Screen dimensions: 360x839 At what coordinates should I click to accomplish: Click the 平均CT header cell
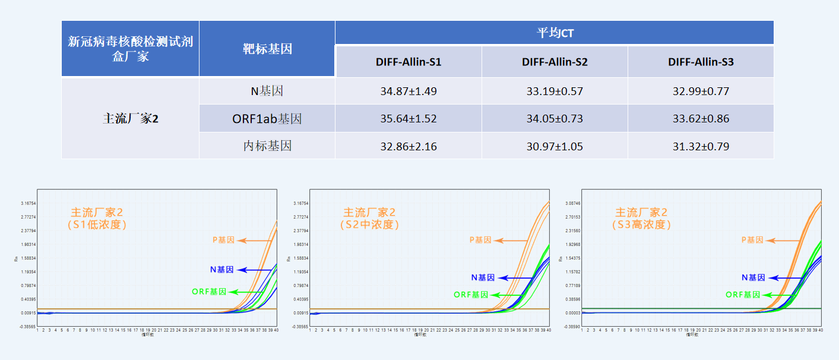tap(555, 33)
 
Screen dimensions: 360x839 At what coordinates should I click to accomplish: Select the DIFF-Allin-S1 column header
tap(408, 62)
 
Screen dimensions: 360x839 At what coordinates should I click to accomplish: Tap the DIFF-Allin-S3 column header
tap(701, 62)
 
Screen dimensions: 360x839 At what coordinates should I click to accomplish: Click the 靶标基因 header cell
tap(267, 49)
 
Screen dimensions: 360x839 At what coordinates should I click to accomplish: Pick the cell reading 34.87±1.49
tap(408, 91)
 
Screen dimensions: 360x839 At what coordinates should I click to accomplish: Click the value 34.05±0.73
tap(555, 119)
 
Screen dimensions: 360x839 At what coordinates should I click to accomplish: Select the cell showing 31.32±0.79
tap(701, 146)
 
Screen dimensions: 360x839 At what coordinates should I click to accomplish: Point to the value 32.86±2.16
tap(408, 146)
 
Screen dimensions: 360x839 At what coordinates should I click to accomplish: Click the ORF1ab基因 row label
tap(267, 119)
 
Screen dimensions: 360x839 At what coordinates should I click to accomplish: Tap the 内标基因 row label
tap(267, 146)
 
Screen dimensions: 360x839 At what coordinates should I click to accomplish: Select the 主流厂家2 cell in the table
tap(130, 119)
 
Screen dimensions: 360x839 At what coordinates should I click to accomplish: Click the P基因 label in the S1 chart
tap(223, 240)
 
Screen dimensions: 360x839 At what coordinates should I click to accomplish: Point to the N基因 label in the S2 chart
tap(482, 277)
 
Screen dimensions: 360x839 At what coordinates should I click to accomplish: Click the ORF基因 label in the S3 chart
tap(743, 295)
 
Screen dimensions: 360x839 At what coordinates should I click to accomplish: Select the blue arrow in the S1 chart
tap(250, 270)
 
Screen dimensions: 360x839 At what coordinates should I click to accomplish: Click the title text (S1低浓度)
tap(97, 225)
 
